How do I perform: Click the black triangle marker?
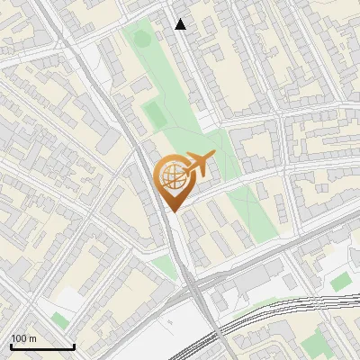(x=181, y=24)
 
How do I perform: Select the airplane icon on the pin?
(x=197, y=164)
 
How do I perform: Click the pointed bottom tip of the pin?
(x=173, y=211)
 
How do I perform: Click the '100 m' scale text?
(x=24, y=338)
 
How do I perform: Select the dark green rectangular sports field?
(x=154, y=114)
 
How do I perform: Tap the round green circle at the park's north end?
(x=139, y=38)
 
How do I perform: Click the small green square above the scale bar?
(x=59, y=319)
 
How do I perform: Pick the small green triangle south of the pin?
(x=163, y=266)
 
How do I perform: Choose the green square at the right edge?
(x=340, y=282)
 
